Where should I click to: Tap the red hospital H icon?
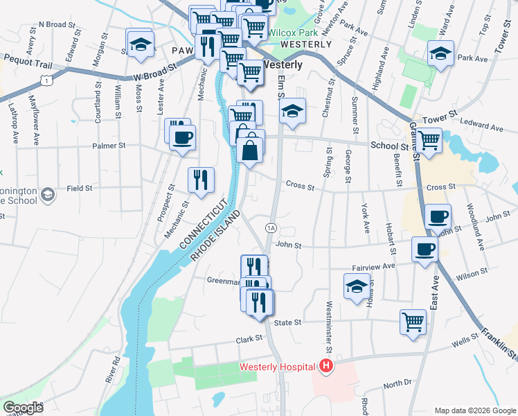(x=325, y=366)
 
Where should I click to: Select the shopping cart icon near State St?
(x=413, y=322)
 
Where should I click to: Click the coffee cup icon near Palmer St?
(x=182, y=137)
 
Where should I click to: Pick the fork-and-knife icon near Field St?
(x=202, y=180)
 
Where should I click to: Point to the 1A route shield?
(x=271, y=228)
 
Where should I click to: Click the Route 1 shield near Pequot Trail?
(x=46, y=82)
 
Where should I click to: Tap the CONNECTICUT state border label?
(x=204, y=223)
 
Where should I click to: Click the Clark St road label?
(x=250, y=339)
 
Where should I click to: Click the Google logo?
(x=22, y=408)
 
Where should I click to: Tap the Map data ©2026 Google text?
(x=474, y=410)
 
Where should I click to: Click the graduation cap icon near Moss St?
(x=140, y=43)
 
